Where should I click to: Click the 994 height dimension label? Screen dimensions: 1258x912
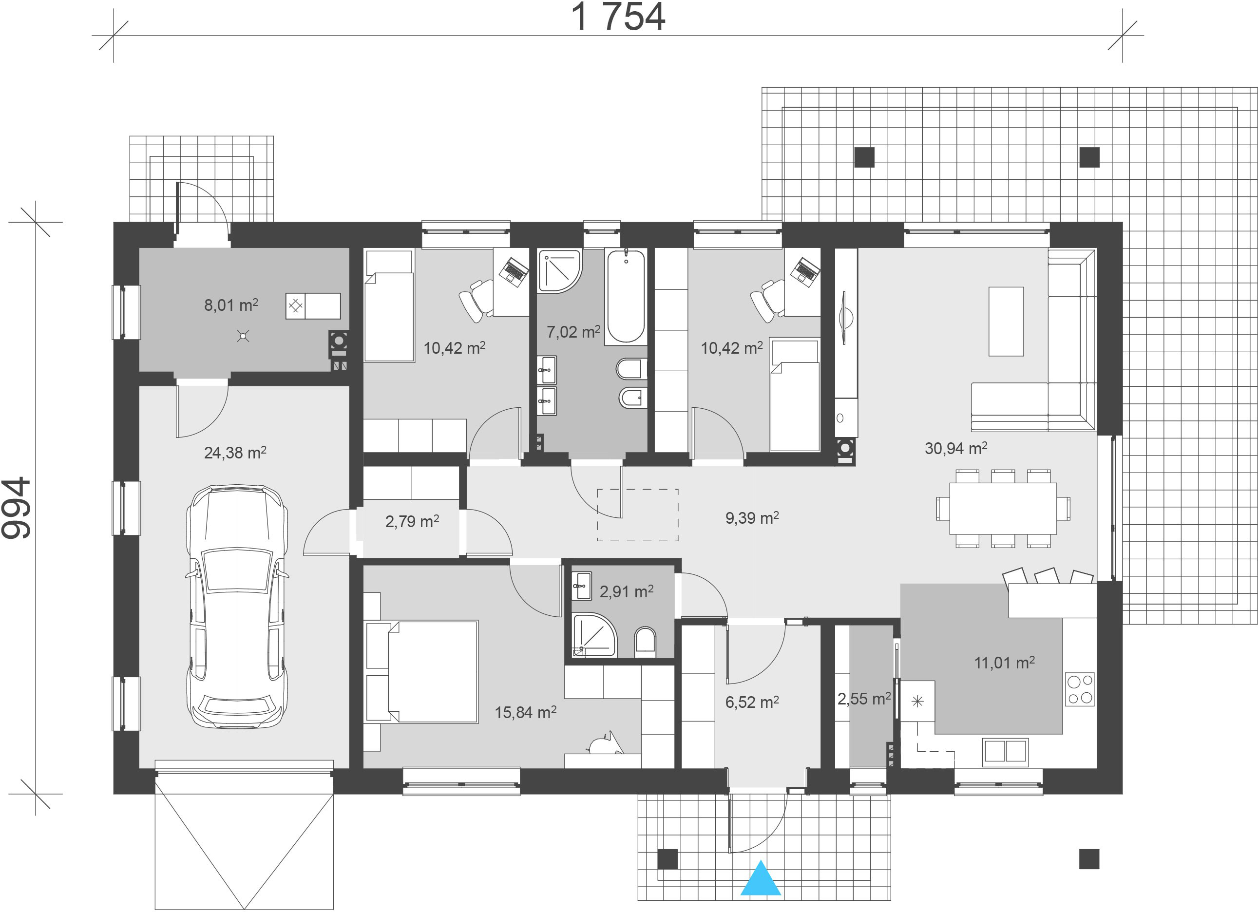point(16,508)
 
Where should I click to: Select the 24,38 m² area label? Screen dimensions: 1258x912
point(235,453)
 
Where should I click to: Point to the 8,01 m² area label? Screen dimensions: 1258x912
point(231,304)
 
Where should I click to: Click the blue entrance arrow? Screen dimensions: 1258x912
point(761,878)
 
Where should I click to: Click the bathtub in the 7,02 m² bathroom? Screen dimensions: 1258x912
point(626,296)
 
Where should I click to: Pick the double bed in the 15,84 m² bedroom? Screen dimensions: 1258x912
point(421,671)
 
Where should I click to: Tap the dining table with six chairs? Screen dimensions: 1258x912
point(1003,508)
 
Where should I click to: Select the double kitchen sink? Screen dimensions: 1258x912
point(1005,751)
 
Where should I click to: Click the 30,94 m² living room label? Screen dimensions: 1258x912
point(956,448)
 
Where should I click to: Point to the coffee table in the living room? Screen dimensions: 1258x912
point(1006,321)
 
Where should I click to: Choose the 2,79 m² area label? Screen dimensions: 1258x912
point(412,521)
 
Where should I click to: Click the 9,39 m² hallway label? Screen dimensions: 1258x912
point(752,518)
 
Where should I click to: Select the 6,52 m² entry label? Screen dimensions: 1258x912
point(752,703)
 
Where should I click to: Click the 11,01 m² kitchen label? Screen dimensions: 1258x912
point(1005,663)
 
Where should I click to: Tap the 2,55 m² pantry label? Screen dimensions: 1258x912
point(864,699)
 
